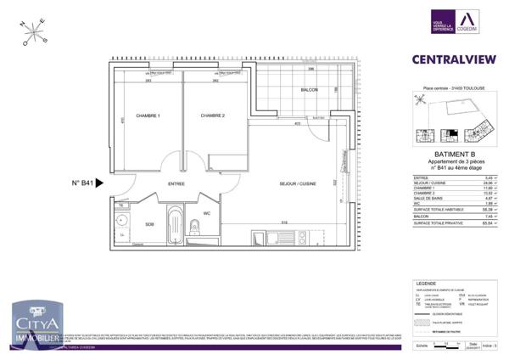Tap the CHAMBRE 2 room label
(212, 115)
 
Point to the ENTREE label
(177, 183)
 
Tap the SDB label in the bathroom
(149, 224)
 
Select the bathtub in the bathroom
(174, 225)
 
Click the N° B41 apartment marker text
(82, 183)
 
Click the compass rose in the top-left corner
(32, 33)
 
